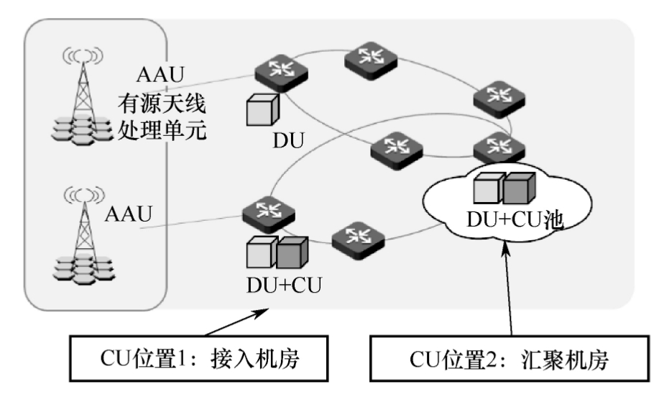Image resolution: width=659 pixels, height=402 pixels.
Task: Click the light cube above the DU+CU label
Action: point(260,252)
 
